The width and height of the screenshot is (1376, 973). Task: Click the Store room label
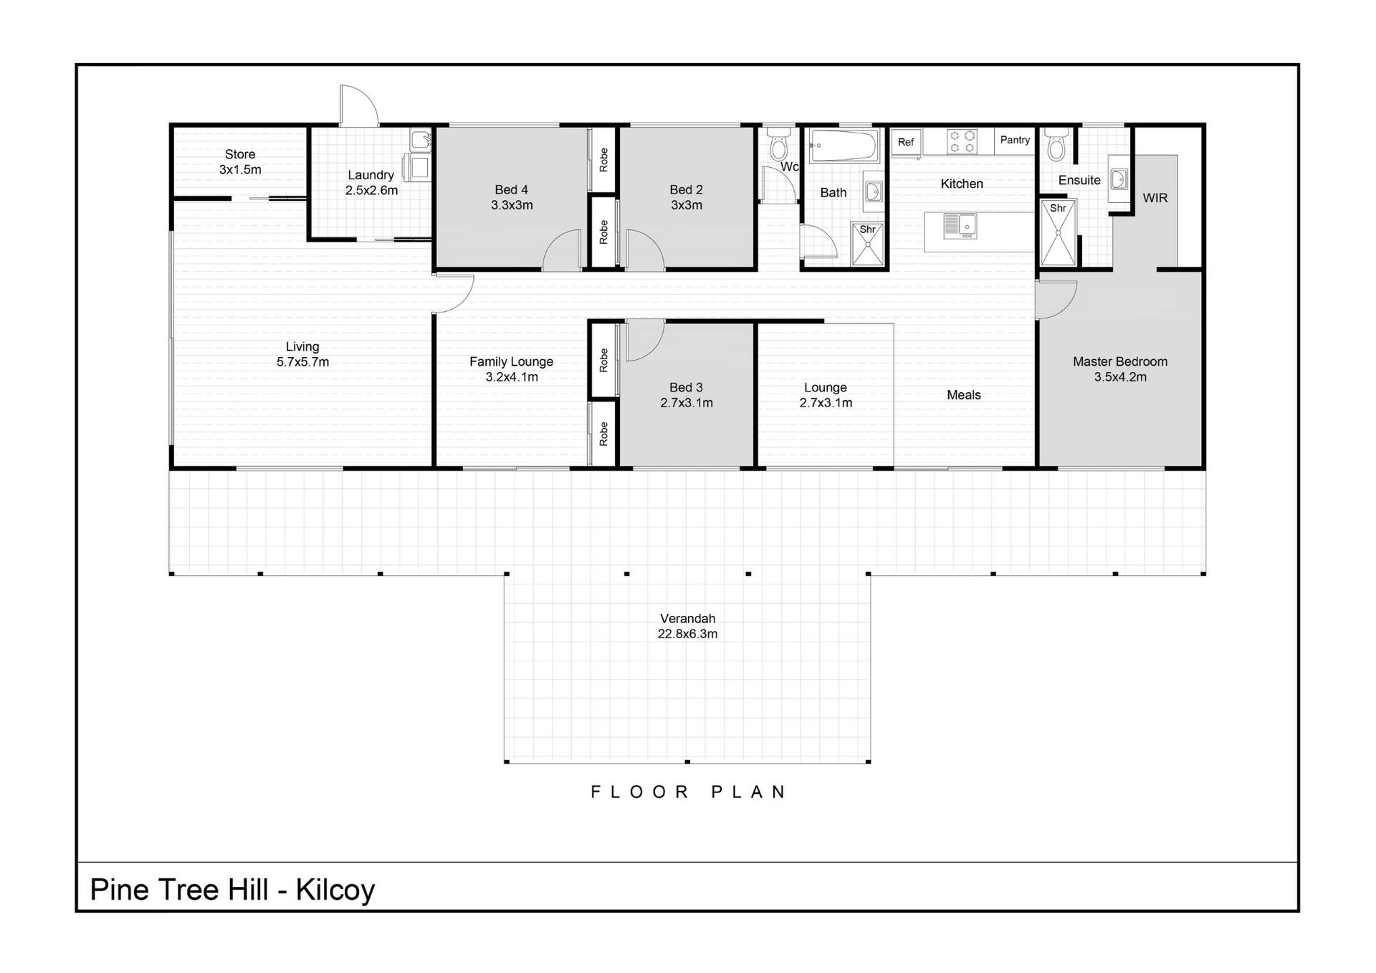point(239,154)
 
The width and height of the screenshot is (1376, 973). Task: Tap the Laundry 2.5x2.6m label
point(371,183)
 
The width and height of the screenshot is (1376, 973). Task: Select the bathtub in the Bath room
point(844,146)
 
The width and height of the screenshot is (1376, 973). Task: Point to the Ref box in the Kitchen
point(906,142)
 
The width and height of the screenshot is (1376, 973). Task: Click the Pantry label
point(1015,140)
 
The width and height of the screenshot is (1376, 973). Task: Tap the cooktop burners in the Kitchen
point(962,141)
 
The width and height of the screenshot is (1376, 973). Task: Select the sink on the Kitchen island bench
point(960,226)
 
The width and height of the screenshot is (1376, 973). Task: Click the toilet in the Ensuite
point(1056,144)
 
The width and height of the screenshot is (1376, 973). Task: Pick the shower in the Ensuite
point(1058,233)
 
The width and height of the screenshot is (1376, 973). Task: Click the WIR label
point(1155,198)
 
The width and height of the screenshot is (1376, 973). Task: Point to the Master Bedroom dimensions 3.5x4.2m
point(1120,377)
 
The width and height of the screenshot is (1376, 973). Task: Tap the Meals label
point(964,395)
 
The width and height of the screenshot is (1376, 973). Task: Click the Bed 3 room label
point(686,388)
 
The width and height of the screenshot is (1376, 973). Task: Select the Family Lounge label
point(511,362)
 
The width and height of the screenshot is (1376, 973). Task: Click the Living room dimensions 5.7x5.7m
point(302,362)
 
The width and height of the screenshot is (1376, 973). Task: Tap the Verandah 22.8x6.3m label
point(687,626)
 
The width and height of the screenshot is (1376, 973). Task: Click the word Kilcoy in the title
point(335,891)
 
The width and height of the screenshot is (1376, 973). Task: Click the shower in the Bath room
point(868,245)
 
